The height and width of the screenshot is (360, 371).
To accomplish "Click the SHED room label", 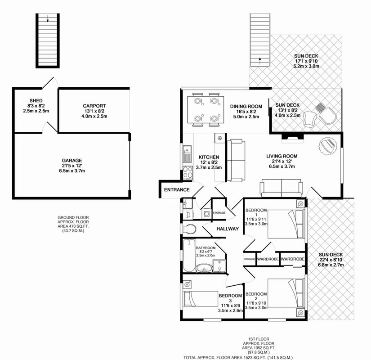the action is point(36,101).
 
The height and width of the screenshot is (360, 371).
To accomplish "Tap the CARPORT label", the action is point(94,106).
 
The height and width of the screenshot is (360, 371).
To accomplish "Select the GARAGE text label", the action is point(72,160).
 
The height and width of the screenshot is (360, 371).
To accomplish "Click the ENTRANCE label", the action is point(177,190).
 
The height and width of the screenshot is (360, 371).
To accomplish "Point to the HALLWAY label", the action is point(228,229).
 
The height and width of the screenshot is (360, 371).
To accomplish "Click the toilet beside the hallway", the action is point(189,229).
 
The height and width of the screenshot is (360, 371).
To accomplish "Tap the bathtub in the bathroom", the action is point(189,255).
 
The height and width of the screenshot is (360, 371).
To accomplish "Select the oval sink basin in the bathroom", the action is point(204,268).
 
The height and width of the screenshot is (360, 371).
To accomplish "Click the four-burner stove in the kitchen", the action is point(188,172).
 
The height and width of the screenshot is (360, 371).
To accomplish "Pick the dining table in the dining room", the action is point(206,109).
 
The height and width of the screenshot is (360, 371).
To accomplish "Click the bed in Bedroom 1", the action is point(286,224).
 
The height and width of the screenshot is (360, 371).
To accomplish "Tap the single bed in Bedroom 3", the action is point(201,299).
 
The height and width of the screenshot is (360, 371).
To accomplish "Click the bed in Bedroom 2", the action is point(286,293).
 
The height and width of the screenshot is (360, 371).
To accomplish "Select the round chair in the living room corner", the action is point(328,146).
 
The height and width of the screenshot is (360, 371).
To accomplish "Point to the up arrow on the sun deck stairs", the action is point(260,61).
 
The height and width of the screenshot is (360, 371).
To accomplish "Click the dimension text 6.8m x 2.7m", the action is point(331,265).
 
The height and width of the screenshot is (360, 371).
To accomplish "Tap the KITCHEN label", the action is point(209,157).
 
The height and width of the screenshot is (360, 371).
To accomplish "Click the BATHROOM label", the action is point(206,248).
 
